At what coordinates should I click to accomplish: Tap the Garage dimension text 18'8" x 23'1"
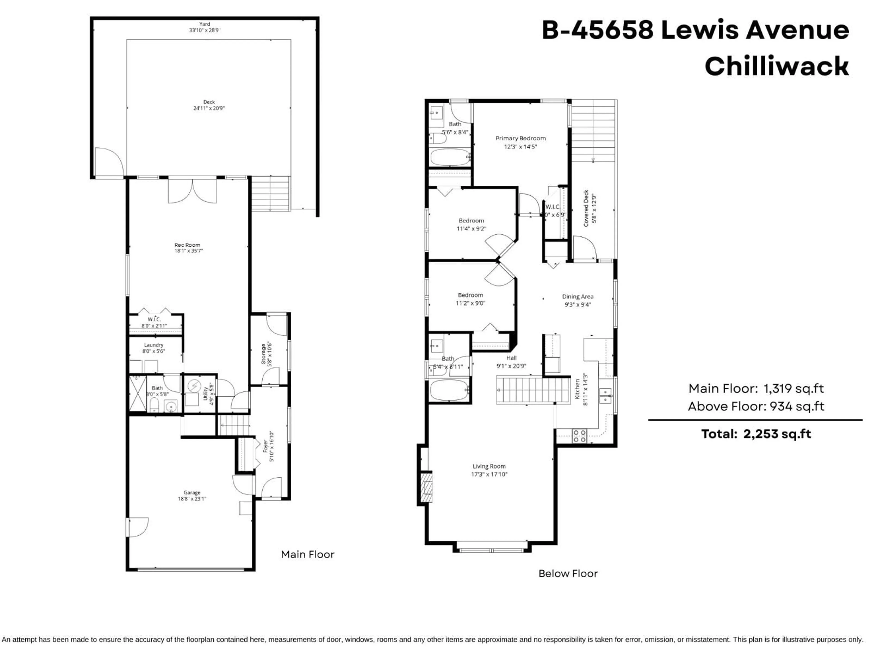[x=192, y=499]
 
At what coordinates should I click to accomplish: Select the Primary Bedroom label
[x=520, y=138]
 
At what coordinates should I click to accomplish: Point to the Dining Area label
[x=577, y=297]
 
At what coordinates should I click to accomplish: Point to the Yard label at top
[x=205, y=24]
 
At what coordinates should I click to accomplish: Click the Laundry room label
[x=153, y=345]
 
